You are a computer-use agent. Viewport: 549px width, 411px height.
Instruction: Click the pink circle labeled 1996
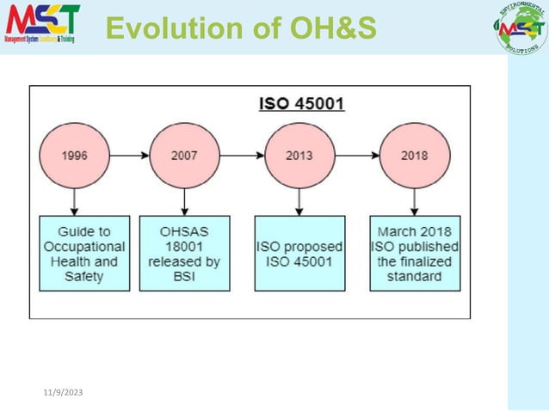click(x=74, y=156)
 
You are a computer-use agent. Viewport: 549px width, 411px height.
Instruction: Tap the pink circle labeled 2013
click(x=299, y=156)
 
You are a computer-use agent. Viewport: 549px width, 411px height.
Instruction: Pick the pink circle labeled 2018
click(x=414, y=156)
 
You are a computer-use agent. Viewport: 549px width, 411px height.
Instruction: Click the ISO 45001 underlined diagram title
click(x=302, y=104)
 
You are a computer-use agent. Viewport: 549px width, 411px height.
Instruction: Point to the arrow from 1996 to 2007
click(x=129, y=156)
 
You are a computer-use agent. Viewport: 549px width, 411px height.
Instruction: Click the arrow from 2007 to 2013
click(x=242, y=156)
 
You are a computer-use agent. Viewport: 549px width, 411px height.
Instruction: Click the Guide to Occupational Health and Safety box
click(x=83, y=254)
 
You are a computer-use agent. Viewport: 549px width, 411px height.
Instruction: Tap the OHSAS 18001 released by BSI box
click(x=184, y=254)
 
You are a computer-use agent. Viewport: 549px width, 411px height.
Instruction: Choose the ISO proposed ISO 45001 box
click(x=299, y=254)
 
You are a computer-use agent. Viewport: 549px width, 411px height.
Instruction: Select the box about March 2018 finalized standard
click(x=414, y=254)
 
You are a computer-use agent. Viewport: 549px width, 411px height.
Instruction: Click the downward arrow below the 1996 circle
click(x=75, y=202)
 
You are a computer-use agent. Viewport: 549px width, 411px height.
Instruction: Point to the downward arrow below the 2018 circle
click(x=414, y=202)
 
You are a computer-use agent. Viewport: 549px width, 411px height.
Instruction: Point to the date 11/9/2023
click(x=63, y=393)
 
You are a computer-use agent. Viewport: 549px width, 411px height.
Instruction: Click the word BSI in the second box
click(x=184, y=277)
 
